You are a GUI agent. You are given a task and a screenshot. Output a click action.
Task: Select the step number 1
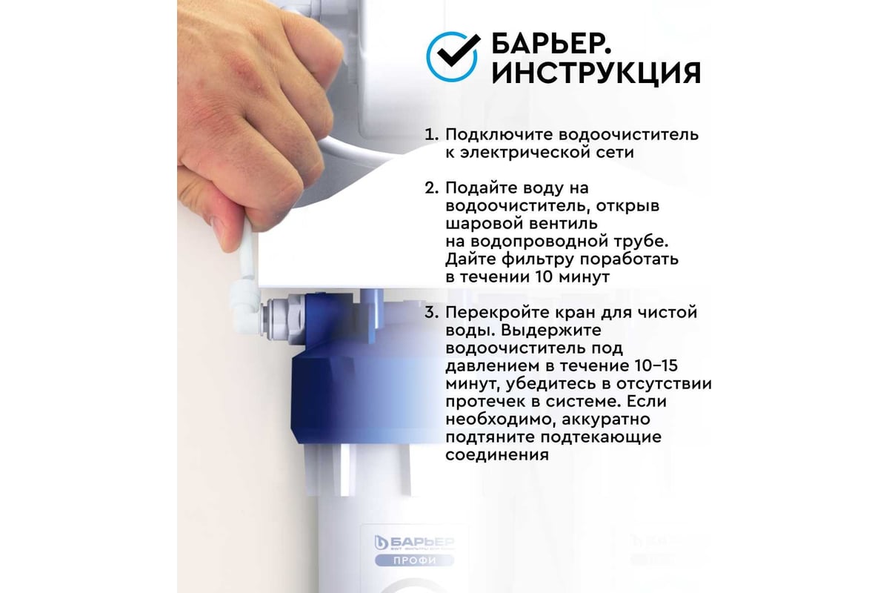click(x=430, y=136)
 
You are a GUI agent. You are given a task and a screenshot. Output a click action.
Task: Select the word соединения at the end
click(x=497, y=455)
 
